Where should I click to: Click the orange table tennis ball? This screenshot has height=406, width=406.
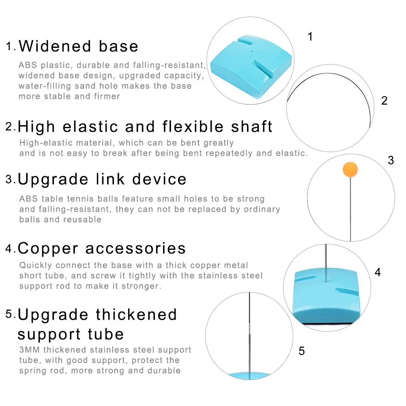tap(350, 170)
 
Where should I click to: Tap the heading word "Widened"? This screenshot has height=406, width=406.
tap(55, 46)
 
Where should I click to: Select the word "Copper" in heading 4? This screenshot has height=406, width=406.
tap(48, 249)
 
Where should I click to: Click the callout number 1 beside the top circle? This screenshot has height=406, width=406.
tap(310, 37)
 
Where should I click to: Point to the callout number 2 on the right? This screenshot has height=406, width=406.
tap(384, 101)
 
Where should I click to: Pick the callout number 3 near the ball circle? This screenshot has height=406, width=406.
tap(391, 160)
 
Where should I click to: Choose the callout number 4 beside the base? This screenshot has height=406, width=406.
tap(378, 272)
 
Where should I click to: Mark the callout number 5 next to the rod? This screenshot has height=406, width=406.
tap(302, 351)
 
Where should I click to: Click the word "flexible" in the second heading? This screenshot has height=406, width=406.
tap(193, 127)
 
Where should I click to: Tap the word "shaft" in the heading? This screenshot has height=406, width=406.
tap(251, 127)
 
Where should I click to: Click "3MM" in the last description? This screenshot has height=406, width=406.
tap(30, 350)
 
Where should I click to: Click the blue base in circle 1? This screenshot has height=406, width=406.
tap(251, 66)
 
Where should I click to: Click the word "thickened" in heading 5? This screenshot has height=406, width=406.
tap(136, 315)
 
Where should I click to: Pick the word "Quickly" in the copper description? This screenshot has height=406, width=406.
tap(36, 265)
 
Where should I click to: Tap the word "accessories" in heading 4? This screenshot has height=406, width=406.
tap(135, 249)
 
